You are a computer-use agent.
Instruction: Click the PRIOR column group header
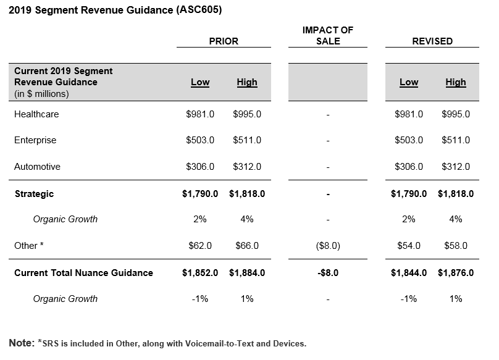(224, 41)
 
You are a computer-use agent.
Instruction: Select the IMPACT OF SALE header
(328, 36)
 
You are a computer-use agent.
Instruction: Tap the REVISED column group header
(432, 41)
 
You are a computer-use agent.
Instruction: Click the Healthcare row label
(36, 114)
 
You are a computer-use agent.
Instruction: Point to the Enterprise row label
(35, 140)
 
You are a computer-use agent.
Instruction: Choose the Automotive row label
(37, 167)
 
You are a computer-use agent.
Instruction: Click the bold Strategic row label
(35, 194)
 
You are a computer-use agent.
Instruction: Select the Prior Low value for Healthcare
(200, 114)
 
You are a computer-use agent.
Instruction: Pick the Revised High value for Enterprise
(456, 140)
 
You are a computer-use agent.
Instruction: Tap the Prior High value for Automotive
(247, 167)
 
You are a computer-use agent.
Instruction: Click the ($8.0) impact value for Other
(328, 246)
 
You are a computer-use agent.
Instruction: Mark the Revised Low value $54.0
(409, 246)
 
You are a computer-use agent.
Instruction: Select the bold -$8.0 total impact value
(328, 273)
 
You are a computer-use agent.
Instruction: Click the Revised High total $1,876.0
(456, 273)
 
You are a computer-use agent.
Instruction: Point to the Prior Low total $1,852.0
(200, 273)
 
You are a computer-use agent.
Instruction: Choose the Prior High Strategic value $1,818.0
(247, 194)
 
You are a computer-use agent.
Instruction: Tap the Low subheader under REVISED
(409, 83)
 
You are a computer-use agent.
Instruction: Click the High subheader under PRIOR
(247, 83)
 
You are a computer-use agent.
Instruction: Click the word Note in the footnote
(22, 343)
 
